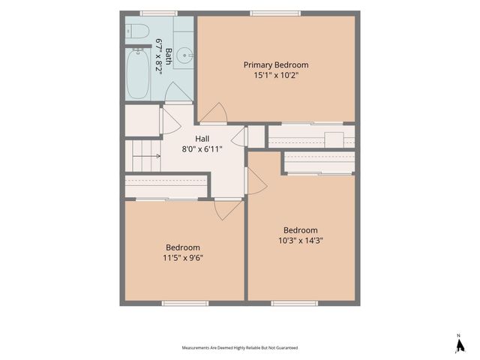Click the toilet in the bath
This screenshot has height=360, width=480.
[137, 31]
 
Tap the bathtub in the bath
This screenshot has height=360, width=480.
[138, 73]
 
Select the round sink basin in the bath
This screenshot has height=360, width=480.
[186, 55]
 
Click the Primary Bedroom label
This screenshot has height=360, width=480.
[276, 65]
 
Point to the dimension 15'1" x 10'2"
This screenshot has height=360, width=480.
[276, 75]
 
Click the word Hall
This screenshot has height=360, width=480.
[202, 139]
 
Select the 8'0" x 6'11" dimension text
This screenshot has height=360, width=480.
[202, 149]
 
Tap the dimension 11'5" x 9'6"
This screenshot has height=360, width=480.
[183, 258]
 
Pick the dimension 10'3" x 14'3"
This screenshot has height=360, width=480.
[301, 241]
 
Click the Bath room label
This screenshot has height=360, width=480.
[168, 56]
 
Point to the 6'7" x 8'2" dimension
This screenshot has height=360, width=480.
[158, 57]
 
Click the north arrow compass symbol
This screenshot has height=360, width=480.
[460, 345]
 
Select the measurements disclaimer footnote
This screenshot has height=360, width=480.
[240, 348]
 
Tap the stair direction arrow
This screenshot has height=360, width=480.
[146, 156]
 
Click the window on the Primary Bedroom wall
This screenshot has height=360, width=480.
[275, 13]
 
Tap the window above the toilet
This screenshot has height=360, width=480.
[159, 13]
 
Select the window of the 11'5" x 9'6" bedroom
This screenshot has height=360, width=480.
[185, 303]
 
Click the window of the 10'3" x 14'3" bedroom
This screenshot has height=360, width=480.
[294, 303]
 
